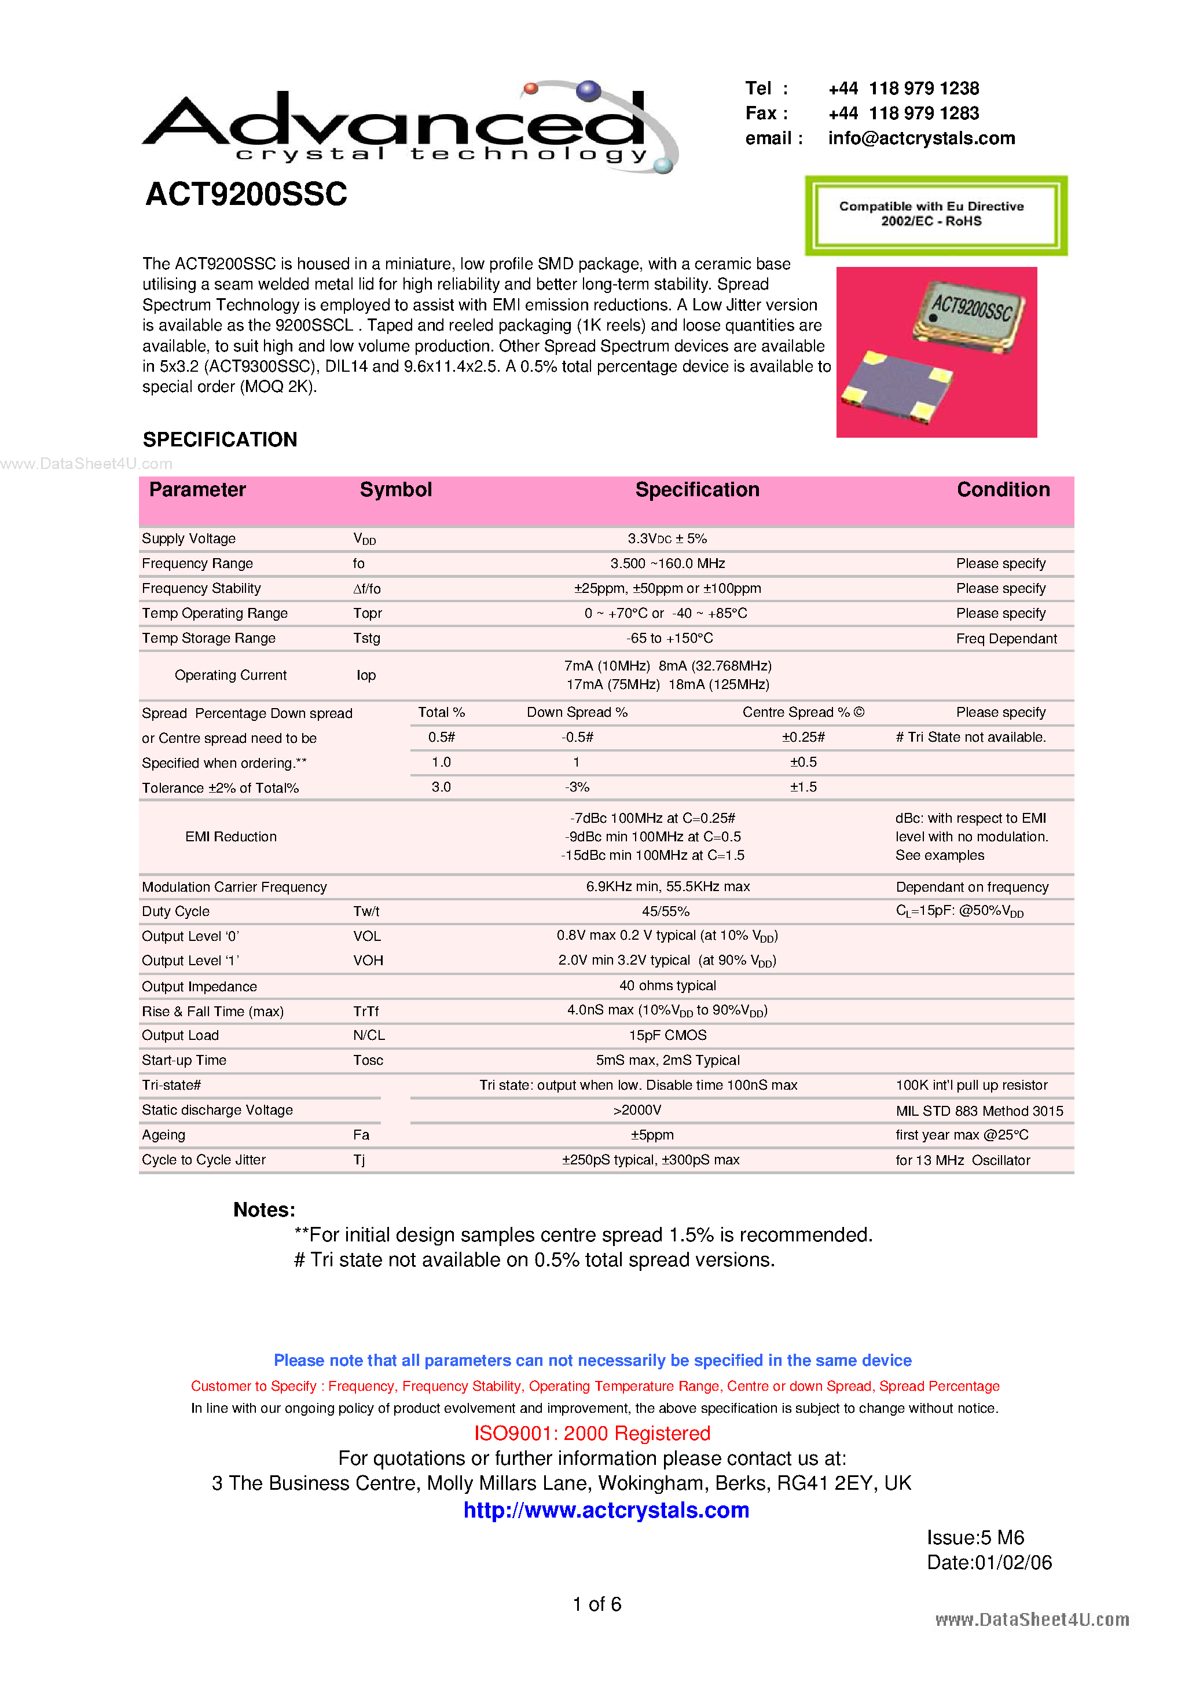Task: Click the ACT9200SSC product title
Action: (246, 195)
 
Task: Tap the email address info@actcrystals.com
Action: (921, 138)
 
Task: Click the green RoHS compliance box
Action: (935, 215)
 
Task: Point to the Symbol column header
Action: (395, 490)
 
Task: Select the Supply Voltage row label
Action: (189, 539)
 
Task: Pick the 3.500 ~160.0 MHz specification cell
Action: (667, 564)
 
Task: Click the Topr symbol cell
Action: (367, 614)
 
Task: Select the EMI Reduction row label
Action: (231, 837)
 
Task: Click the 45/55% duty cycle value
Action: (665, 911)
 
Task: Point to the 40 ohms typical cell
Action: (667, 986)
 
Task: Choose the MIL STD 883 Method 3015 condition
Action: (979, 1111)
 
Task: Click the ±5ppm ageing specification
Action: (652, 1135)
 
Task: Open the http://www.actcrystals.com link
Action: (606, 1510)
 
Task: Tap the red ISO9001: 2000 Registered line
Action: (592, 1434)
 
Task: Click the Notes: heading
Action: (264, 1210)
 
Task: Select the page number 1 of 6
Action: (596, 1604)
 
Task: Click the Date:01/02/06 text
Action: (989, 1563)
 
